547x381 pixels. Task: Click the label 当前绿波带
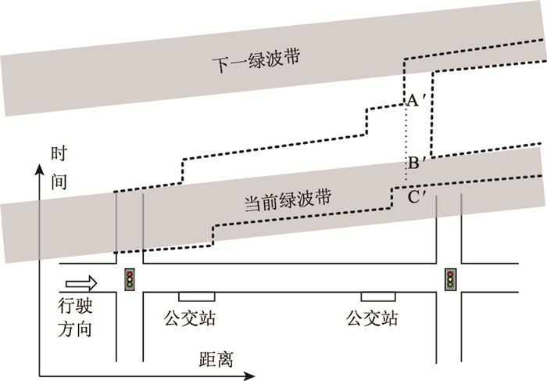(288, 201)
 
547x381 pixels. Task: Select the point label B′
(416, 164)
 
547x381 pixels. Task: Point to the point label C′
(416, 196)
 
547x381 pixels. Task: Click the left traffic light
(130, 279)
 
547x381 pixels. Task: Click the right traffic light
(450, 279)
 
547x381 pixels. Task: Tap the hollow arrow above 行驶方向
(81, 281)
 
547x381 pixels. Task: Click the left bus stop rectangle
(197, 297)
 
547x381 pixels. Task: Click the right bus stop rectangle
(377, 297)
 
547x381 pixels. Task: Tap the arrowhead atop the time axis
(37, 167)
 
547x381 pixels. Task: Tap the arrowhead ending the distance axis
(267, 372)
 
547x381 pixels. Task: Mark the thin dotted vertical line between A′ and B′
(406, 133)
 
